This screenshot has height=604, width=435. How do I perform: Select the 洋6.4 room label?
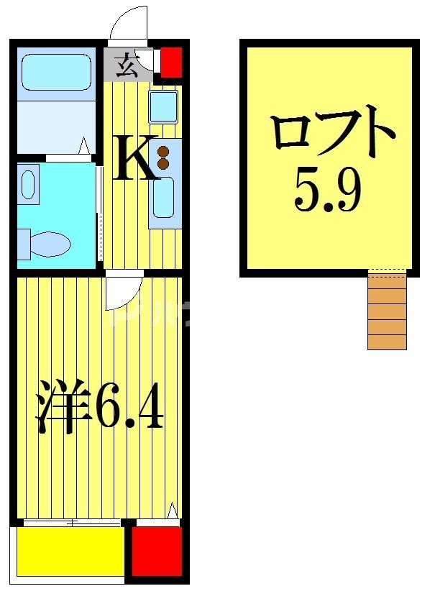pyautogui.click(x=101, y=411)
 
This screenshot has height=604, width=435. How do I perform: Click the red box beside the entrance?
pyautogui.click(x=171, y=62)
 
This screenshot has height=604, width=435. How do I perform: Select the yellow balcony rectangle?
pyautogui.click(x=70, y=552)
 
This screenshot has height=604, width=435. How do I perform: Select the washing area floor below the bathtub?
pyautogui.click(x=56, y=127)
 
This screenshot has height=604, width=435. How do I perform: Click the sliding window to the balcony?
pyautogui.click(x=72, y=523)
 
